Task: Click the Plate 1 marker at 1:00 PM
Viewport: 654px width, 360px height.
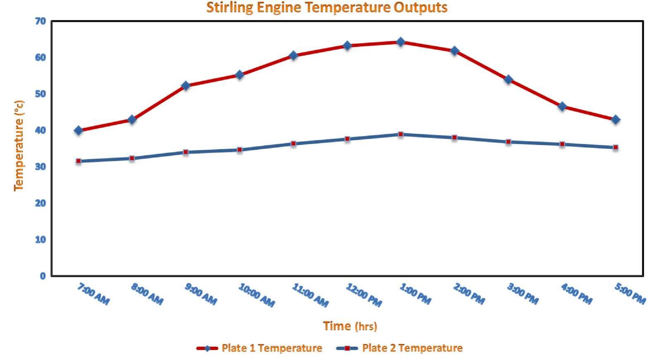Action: (x=400, y=42)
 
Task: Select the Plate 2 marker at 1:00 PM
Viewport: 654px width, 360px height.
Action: (x=400, y=134)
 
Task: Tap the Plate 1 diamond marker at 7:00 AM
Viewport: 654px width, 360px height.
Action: (x=78, y=130)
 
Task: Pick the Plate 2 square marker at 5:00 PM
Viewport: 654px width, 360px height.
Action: (x=615, y=147)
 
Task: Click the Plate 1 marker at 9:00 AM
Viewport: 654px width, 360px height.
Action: (x=185, y=85)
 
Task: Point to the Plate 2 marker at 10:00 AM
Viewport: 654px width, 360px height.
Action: (x=240, y=149)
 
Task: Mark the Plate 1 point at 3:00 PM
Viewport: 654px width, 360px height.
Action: (x=508, y=79)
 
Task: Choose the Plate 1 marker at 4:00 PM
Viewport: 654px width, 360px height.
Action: (x=562, y=106)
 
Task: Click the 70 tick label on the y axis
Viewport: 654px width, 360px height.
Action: (x=40, y=21)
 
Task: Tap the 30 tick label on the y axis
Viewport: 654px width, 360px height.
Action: (x=40, y=167)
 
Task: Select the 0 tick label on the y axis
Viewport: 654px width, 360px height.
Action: (x=43, y=276)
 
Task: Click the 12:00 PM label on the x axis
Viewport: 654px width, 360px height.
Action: (x=364, y=295)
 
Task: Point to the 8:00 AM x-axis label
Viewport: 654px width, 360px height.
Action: (x=147, y=294)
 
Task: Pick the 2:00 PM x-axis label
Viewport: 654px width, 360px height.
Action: (x=469, y=294)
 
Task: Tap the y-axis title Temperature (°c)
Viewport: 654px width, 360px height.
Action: (x=19, y=145)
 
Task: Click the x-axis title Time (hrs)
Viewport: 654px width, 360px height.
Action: (x=350, y=326)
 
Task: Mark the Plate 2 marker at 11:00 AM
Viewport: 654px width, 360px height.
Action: (x=293, y=144)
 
